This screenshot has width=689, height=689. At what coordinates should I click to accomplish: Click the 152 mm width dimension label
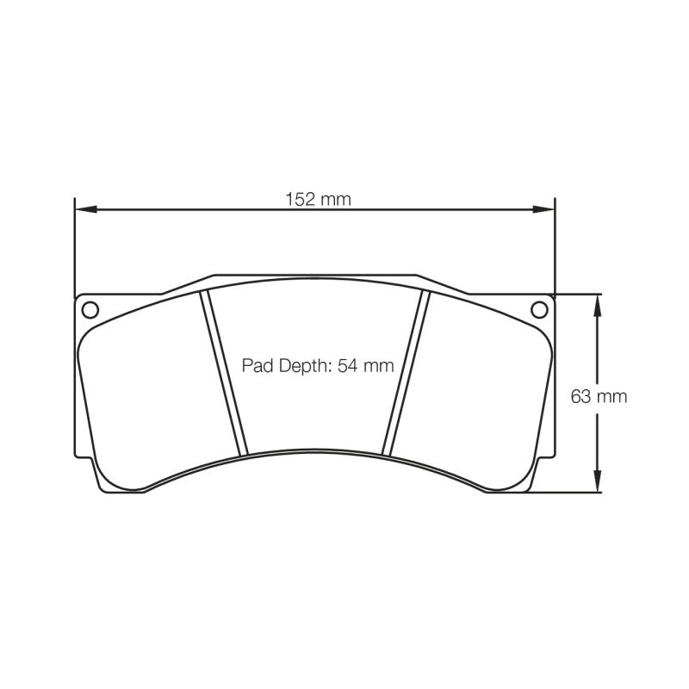point(318,200)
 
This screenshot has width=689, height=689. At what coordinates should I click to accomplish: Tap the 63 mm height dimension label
point(599,397)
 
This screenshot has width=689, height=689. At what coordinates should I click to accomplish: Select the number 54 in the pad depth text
point(348,365)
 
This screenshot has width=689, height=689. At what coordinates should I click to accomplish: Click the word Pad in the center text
point(258,365)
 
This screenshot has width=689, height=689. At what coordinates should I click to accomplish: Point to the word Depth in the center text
point(305,366)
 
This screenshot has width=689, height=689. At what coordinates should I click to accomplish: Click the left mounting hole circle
point(90,310)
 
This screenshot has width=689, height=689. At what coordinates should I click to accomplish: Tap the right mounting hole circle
point(539,310)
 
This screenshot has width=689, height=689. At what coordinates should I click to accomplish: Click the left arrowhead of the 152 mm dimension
point(85,209)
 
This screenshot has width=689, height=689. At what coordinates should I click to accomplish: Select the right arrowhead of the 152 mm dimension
point(544,209)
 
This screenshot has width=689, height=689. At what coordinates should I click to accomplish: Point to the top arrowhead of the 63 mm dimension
point(597,305)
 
